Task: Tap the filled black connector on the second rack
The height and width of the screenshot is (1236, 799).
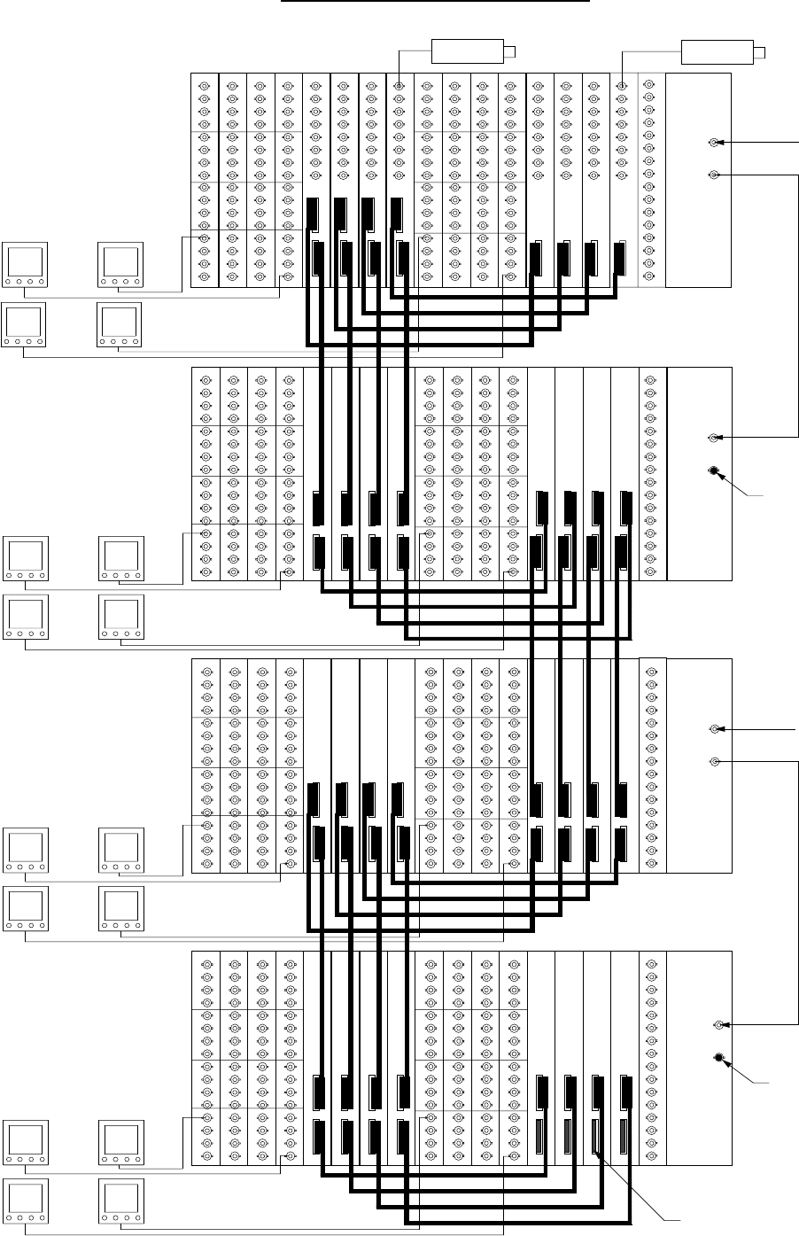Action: click(714, 470)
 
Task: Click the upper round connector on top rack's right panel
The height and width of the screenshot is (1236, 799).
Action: click(714, 143)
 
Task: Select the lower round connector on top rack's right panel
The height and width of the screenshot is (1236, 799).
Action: click(714, 175)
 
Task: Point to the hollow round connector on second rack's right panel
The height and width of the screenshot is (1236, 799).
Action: click(714, 438)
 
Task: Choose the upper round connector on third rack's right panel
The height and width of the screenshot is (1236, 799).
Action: click(715, 729)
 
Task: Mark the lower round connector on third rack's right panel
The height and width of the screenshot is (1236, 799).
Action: click(715, 761)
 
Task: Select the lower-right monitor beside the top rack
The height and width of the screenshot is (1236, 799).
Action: click(120, 325)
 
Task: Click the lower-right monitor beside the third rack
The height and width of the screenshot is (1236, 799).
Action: click(121, 910)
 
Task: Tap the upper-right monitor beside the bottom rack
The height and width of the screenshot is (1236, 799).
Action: click(121, 1144)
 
